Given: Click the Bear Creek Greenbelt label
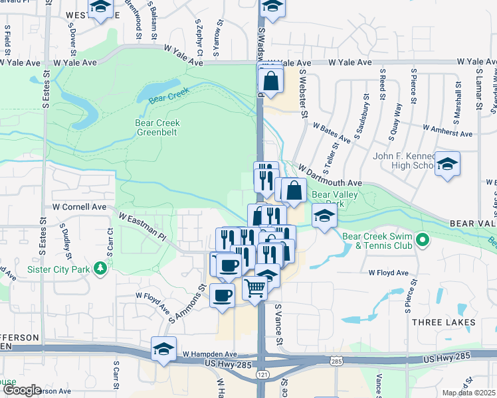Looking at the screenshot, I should (157, 127).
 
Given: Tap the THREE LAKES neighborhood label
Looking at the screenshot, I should (445, 322).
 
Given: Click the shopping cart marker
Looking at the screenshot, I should (254, 289).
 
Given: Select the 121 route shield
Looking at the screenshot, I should (262, 375).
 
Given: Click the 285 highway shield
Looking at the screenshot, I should (336, 361).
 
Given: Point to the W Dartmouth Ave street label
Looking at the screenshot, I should (330, 177).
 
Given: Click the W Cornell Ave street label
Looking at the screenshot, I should (80, 207).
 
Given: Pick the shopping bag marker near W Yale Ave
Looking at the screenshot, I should (271, 82).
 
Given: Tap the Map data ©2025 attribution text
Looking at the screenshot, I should (469, 393).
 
